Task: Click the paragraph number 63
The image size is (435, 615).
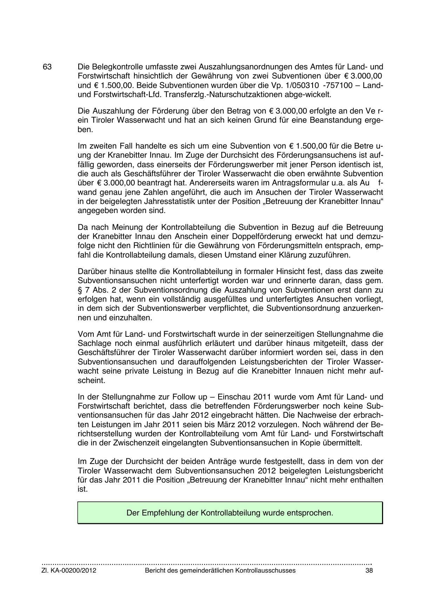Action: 47,67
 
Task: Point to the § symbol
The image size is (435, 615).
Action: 80,290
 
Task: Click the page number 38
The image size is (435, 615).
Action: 369,570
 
